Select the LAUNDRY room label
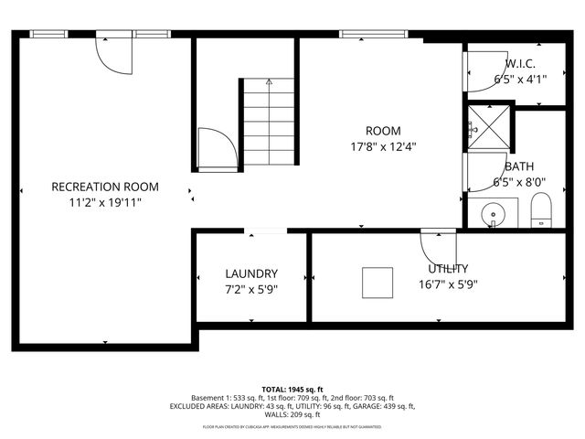point(251,273)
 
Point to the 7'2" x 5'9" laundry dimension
point(251,289)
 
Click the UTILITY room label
point(449,268)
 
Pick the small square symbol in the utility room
point(377,282)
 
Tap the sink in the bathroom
point(494,216)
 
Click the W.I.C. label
point(520,64)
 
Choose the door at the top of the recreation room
point(116,55)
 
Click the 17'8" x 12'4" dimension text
point(383,146)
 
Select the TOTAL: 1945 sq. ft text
point(292,388)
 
